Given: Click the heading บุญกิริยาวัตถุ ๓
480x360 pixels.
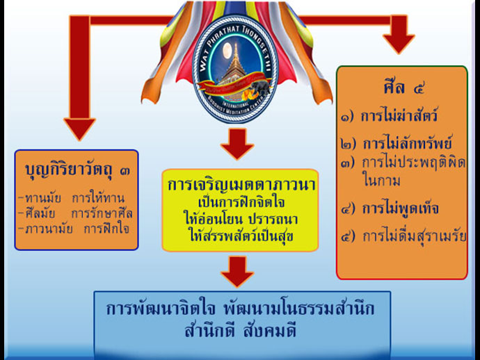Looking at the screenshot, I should [x=76, y=169].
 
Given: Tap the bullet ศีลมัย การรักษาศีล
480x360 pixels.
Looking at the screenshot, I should [x=77, y=213].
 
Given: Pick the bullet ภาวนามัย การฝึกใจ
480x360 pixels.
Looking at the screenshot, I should [x=77, y=228].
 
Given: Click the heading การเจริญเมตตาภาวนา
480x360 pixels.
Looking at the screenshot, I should [x=239, y=185].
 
